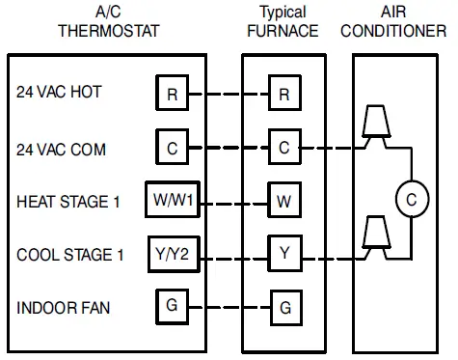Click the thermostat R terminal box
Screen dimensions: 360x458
click(172, 94)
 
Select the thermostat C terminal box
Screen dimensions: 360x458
click(172, 148)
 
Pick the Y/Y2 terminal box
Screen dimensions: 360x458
click(172, 255)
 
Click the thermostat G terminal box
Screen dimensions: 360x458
click(172, 307)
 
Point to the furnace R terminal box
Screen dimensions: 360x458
click(283, 94)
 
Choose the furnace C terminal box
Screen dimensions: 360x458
click(283, 148)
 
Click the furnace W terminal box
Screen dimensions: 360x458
click(283, 202)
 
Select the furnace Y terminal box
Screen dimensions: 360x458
click(283, 255)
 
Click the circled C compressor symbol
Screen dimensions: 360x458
click(411, 200)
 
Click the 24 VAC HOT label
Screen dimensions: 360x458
click(59, 94)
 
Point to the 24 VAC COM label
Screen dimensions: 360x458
click(61, 150)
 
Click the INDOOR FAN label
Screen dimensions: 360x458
click(63, 309)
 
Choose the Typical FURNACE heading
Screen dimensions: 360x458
click(283, 20)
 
